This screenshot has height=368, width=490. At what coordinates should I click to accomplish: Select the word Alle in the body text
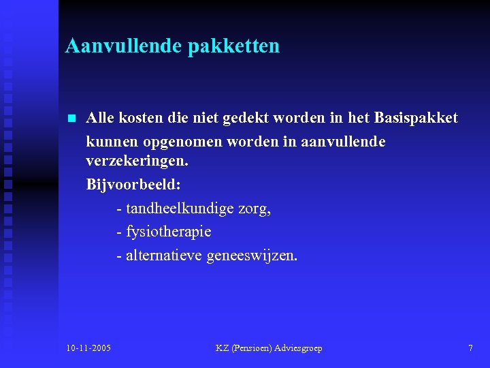(100, 118)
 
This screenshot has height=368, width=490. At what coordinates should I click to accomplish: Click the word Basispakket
(416, 118)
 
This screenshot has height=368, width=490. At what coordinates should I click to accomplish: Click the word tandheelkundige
(180, 209)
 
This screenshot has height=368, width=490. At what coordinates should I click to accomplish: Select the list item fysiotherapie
(169, 232)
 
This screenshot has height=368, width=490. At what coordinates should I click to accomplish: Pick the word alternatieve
(163, 256)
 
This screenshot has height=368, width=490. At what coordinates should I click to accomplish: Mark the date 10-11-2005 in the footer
(89, 348)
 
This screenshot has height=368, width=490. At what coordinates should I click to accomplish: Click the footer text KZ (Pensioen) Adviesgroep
(269, 348)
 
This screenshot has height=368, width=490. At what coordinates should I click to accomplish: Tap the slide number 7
(470, 348)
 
